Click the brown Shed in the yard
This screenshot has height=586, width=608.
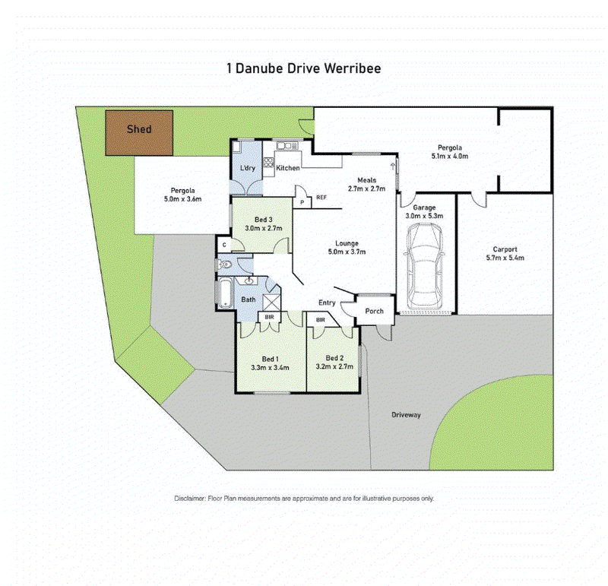tap(139, 133)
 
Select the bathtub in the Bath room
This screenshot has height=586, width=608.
tap(224, 293)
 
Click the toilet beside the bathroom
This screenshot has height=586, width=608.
tap(224, 264)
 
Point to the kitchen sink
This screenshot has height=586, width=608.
tap(287, 146)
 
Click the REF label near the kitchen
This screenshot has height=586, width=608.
tap(321, 198)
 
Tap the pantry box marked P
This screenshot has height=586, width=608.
tap(302, 202)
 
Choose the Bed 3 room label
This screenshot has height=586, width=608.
tap(263, 220)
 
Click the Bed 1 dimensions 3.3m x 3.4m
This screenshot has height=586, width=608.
tap(270, 368)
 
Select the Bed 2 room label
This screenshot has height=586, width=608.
tap(334, 358)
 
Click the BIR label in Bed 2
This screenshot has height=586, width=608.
tap(321, 320)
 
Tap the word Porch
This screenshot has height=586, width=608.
tap(374, 311)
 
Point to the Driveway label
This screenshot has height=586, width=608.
tap(406, 415)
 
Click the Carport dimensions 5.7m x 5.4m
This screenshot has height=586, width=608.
tap(505, 258)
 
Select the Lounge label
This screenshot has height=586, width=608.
tap(347, 243)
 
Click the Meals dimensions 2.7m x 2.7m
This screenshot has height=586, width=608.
tap(367, 188)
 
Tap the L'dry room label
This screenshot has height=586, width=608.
tap(248, 168)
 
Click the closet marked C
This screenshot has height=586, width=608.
tap(224, 245)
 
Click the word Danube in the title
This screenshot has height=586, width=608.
tap(259, 68)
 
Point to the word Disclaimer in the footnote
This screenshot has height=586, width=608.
tap(189, 499)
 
